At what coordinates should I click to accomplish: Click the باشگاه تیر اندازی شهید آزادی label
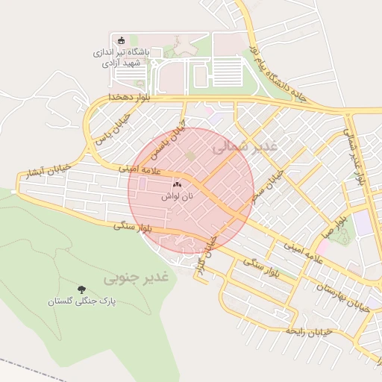(x=124, y=57)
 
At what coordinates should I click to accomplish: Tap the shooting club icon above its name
(x=119, y=40)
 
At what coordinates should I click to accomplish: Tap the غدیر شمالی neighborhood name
(x=243, y=146)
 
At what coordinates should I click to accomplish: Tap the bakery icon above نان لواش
(x=177, y=184)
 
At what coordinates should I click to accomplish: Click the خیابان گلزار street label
(x=204, y=256)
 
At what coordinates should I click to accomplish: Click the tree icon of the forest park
(x=81, y=289)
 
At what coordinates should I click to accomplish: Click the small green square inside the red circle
(x=190, y=156)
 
